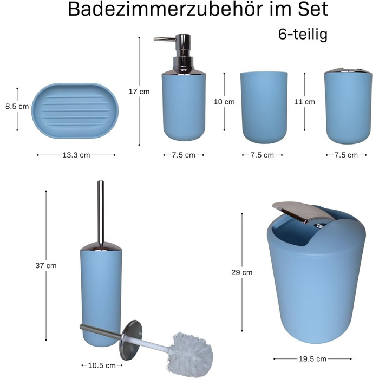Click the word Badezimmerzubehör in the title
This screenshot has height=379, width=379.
(x=165, y=9)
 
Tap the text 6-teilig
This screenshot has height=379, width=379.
(x=303, y=34)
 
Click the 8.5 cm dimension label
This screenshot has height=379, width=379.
(x=17, y=106)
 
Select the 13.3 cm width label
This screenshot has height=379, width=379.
(x=76, y=155)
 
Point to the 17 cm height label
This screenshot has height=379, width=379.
(x=139, y=92)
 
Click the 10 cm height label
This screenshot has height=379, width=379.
(x=224, y=102)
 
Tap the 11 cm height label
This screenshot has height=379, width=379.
(x=304, y=102)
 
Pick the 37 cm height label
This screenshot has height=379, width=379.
(x=46, y=266)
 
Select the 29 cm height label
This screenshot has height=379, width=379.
(x=241, y=272)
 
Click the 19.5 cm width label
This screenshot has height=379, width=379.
(x=312, y=359)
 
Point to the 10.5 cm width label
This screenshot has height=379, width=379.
(x=102, y=365)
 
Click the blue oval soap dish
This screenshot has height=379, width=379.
(x=75, y=110)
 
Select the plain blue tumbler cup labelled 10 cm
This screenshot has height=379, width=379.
(x=264, y=107)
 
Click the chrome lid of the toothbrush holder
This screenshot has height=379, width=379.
(x=348, y=71)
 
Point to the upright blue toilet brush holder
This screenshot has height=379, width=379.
(x=101, y=295)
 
